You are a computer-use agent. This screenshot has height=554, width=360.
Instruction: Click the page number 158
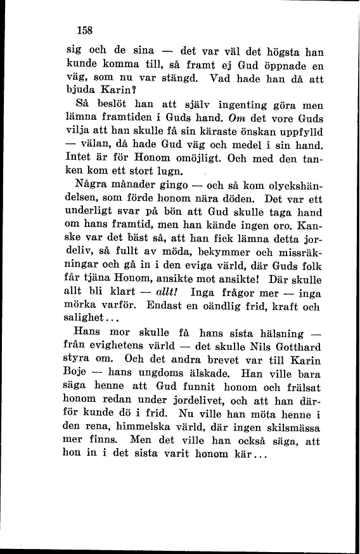(84, 29)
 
